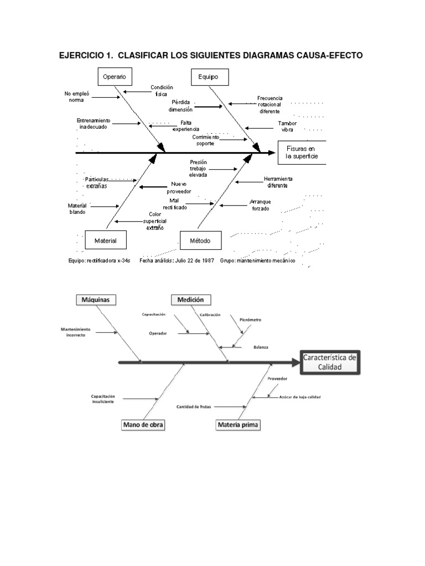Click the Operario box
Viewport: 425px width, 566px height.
tap(114, 76)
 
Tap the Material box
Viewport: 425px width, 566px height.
tap(105, 240)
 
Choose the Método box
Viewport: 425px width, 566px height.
tap(200, 240)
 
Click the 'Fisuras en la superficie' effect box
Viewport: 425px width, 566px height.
tap(299, 153)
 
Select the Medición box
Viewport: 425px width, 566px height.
tap(190, 300)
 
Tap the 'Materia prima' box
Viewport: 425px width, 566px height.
tap(239, 424)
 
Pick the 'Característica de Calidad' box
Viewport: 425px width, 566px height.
tap(330, 362)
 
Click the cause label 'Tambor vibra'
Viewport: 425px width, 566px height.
tap(287, 126)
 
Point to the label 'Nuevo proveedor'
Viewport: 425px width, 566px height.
tap(180, 187)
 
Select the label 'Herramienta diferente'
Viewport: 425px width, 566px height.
tap(278, 182)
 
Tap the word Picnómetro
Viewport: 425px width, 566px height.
tap(251, 319)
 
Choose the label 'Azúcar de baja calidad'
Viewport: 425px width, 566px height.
tap(300, 397)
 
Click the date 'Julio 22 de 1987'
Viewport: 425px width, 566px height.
tap(195, 260)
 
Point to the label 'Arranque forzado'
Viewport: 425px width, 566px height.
tap(260, 205)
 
